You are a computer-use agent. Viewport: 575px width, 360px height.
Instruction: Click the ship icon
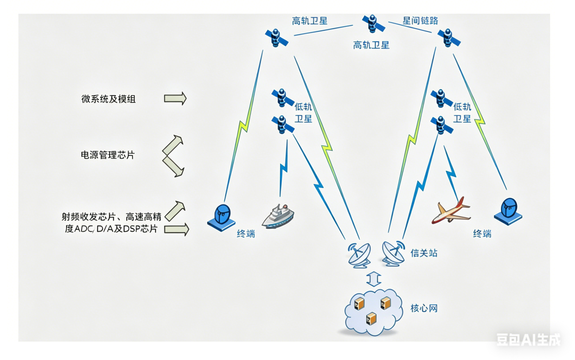(278, 216)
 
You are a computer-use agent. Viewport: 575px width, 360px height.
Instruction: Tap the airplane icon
(451, 211)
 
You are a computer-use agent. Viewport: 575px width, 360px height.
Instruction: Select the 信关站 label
(424, 253)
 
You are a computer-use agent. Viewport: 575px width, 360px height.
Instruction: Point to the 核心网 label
(424, 308)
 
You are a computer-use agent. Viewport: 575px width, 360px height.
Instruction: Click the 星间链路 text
(421, 21)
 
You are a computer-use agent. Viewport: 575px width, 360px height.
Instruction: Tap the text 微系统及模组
(108, 99)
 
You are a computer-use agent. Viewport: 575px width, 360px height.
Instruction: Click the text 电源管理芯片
(108, 155)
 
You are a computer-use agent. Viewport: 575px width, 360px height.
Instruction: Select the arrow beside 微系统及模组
(175, 98)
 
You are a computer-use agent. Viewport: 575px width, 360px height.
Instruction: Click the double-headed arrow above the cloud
(374, 279)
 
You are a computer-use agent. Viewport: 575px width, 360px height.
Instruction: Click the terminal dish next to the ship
(222, 217)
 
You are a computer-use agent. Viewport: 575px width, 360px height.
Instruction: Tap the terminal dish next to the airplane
(508, 210)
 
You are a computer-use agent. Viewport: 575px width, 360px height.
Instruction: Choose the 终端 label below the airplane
(482, 233)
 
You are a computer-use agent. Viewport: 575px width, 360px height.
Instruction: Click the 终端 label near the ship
(246, 233)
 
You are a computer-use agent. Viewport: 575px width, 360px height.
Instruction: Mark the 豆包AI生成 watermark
(528, 339)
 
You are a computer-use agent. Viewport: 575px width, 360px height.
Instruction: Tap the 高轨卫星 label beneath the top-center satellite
(371, 45)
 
